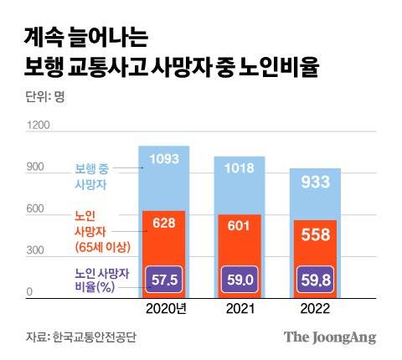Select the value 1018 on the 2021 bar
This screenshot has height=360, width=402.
pyautogui.click(x=240, y=168)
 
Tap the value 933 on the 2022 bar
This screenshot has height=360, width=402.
pyautogui.click(x=316, y=182)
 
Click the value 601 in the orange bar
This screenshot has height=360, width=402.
pyautogui.click(x=240, y=227)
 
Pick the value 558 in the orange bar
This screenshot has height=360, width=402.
pyautogui.click(x=316, y=235)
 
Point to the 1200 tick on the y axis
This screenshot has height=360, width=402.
pyautogui.click(x=39, y=126)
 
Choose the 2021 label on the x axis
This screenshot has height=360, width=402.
pyautogui.click(x=240, y=309)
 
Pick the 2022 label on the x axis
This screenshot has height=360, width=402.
pyautogui.click(x=316, y=309)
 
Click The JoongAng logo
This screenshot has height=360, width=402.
pyautogui.click(x=329, y=337)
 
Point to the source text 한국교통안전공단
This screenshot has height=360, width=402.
pyautogui.click(x=93, y=337)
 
